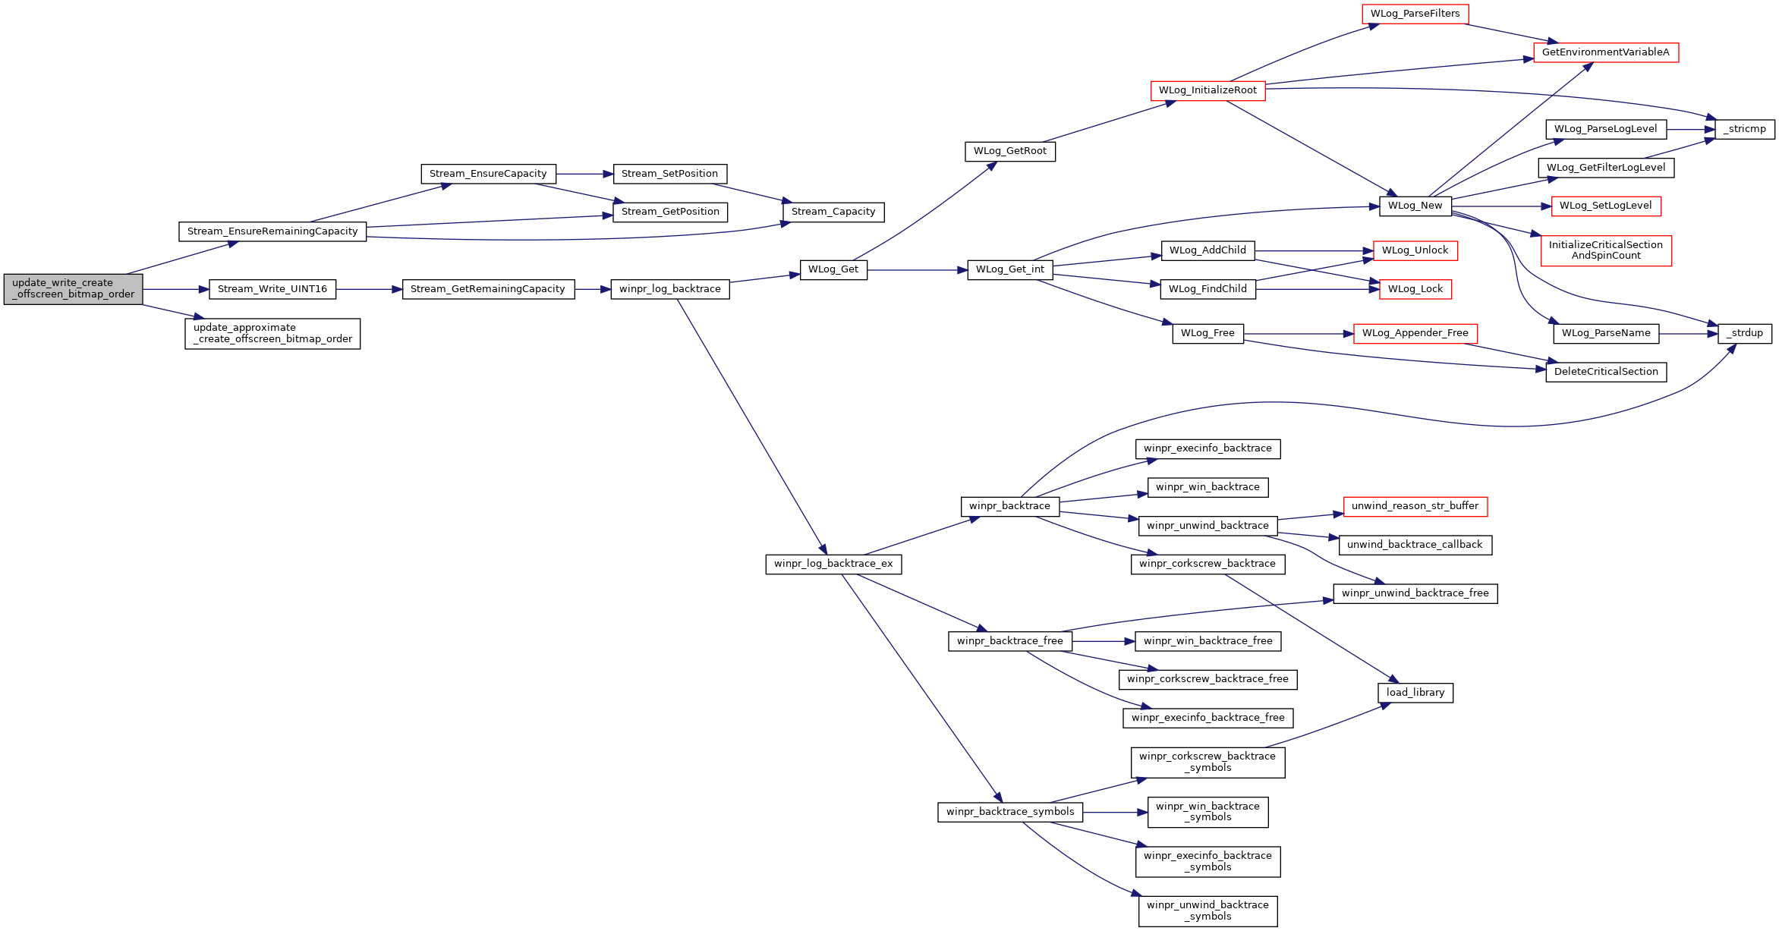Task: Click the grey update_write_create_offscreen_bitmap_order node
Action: [x=73, y=289]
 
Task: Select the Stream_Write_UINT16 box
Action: [x=272, y=289]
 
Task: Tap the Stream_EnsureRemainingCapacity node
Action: [x=272, y=231]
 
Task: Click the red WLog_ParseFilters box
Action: [x=1415, y=14]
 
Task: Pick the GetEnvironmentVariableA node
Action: [x=1606, y=52]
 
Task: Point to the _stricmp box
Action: [x=1746, y=129]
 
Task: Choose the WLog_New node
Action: [x=1415, y=206]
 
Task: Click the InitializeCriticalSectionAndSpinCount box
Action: [x=1606, y=250]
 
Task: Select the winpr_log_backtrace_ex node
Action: [x=833, y=564]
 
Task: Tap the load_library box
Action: [x=1415, y=693]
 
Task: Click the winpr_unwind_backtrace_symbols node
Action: [x=1208, y=911]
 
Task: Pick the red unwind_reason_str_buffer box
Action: [x=1415, y=506]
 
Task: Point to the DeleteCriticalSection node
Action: [x=1606, y=372]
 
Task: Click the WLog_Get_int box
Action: [x=1010, y=269]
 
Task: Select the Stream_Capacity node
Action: [x=833, y=212]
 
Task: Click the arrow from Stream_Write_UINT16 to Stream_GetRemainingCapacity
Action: [x=369, y=289]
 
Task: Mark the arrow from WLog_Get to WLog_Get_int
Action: [x=918, y=269]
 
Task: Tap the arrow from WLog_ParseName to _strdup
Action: [x=1689, y=333]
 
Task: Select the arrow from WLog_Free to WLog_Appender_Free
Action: [x=1299, y=333]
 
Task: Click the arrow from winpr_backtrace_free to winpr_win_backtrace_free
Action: [x=1104, y=641]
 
